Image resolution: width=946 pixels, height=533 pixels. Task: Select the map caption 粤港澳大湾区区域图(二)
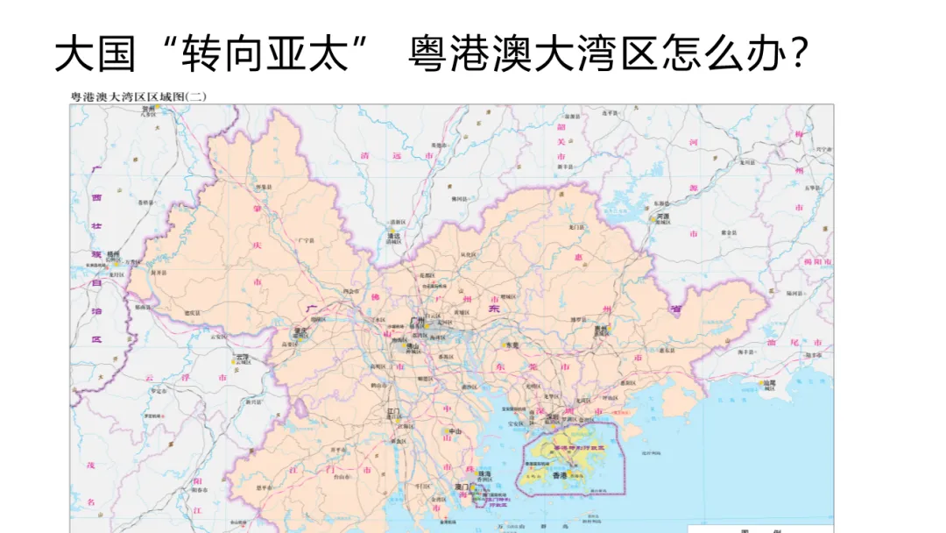(x=138, y=97)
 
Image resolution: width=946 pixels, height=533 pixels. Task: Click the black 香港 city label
(x=559, y=473)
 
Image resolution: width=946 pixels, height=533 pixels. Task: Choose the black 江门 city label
(x=394, y=410)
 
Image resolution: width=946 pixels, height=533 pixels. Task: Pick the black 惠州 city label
(x=601, y=329)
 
